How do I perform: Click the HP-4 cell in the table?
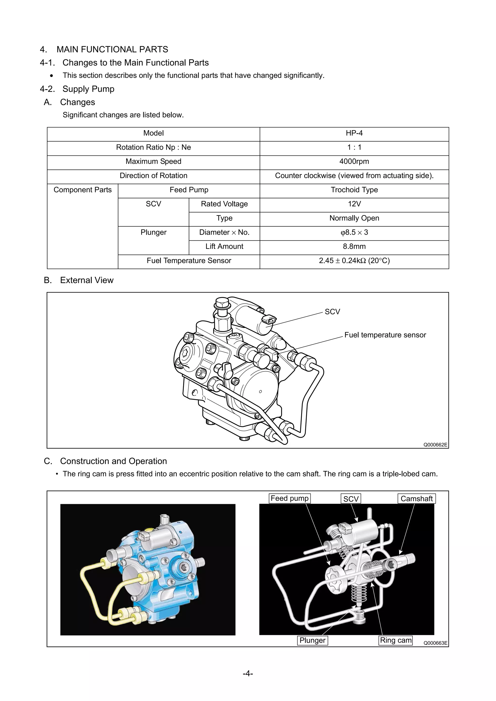click(354, 133)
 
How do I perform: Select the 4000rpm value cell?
click(354, 162)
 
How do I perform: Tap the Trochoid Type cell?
click(354, 190)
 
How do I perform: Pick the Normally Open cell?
click(354, 218)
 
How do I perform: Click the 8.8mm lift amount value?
click(354, 247)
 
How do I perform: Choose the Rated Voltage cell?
click(224, 204)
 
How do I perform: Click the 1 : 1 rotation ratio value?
click(354, 147)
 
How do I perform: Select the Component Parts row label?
click(82, 190)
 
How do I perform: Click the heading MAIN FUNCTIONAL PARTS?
click(112, 49)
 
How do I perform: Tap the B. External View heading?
click(78, 280)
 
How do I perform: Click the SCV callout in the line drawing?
click(332, 312)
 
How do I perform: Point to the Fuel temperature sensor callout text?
click(385, 335)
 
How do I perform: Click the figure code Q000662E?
click(435, 445)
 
